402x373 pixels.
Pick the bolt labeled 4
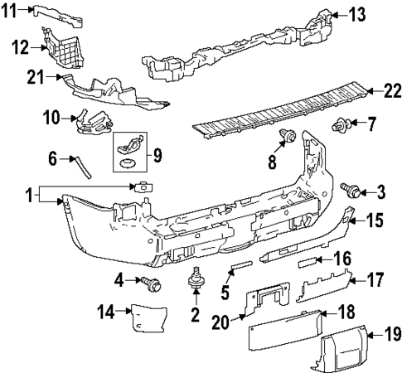(x=151, y=283)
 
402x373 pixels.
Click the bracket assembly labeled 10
(x=94, y=121)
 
